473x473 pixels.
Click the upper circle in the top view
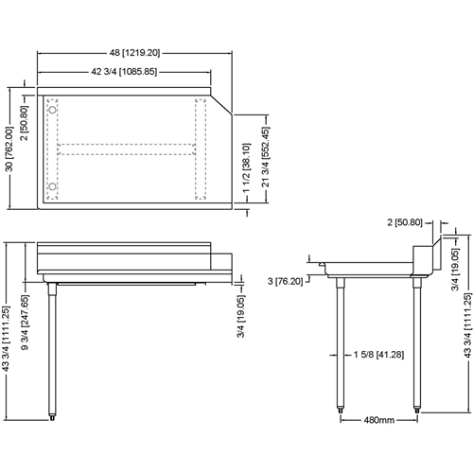(53, 110)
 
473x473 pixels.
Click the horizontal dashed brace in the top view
(128, 148)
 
